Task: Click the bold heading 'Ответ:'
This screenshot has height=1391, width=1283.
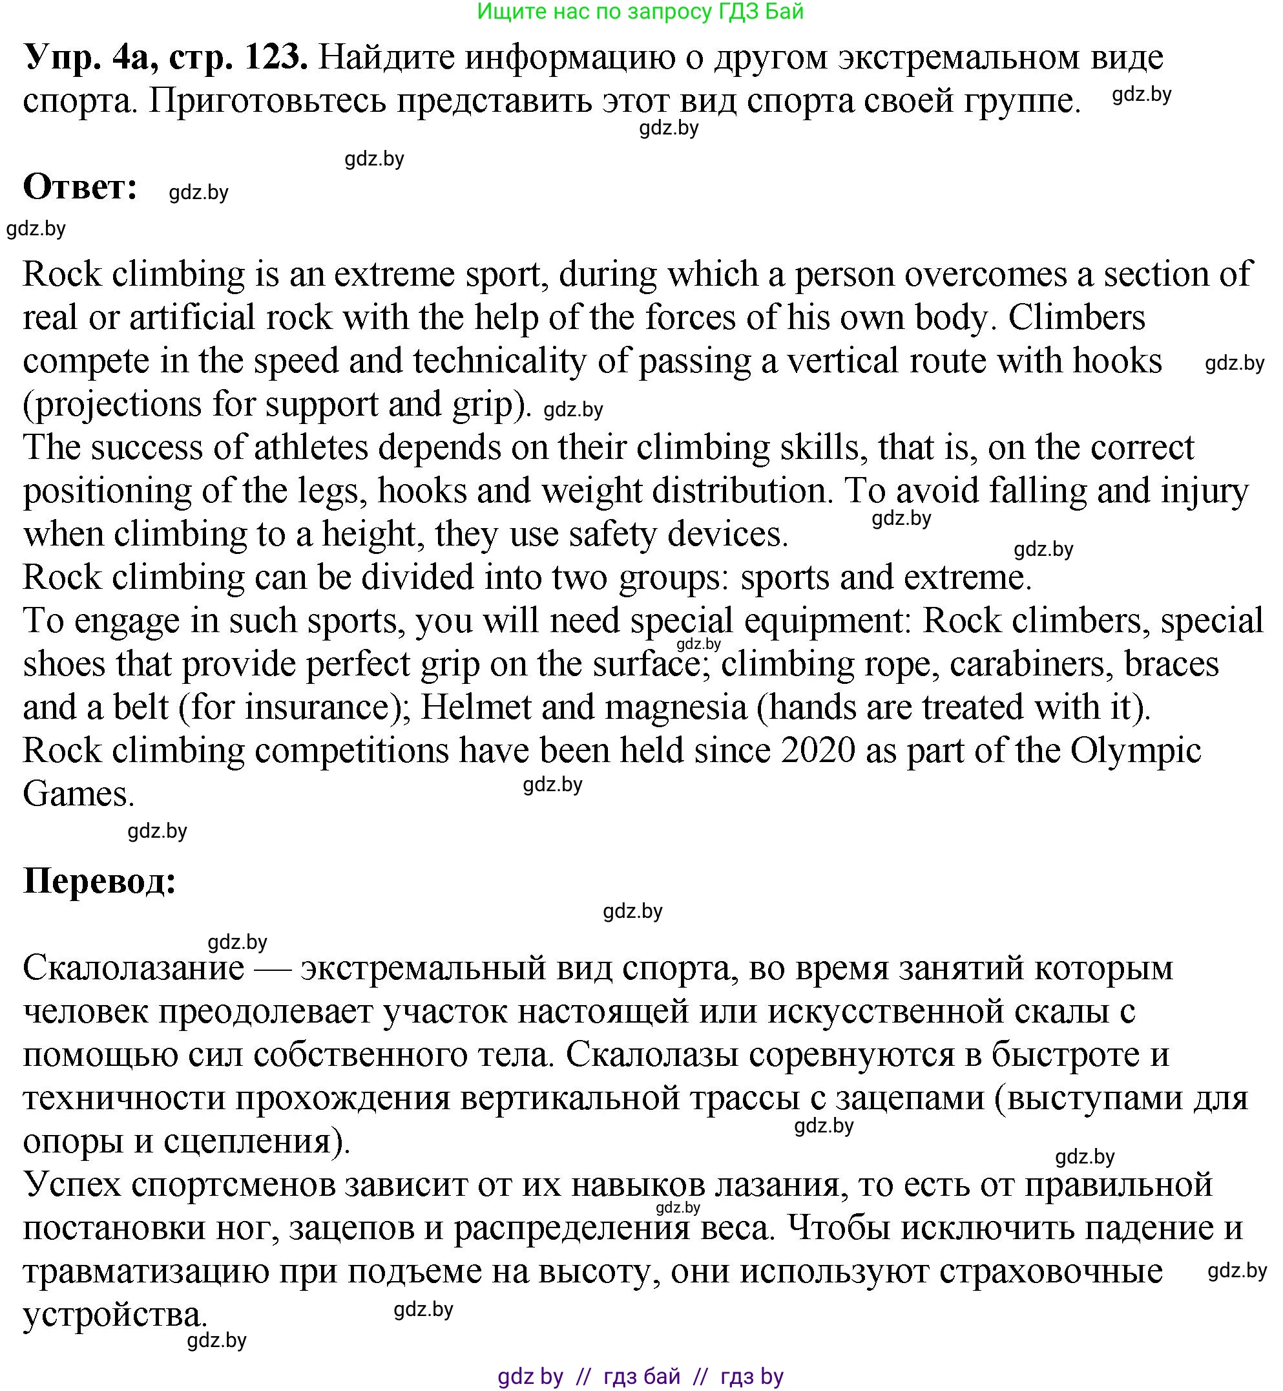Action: (x=81, y=187)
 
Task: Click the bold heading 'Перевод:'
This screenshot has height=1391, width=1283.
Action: (x=100, y=881)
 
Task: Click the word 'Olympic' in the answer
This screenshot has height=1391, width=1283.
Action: (x=1135, y=750)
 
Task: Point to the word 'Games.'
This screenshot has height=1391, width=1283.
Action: (x=78, y=794)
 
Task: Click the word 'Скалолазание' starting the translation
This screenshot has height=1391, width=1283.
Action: (x=133, y=968)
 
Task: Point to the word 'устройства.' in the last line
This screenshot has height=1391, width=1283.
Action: (x=115, y=1315)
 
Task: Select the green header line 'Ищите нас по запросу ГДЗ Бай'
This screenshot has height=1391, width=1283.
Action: (x=640, y=12)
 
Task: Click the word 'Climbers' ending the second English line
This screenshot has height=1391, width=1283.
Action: (x=1076, y=318)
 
